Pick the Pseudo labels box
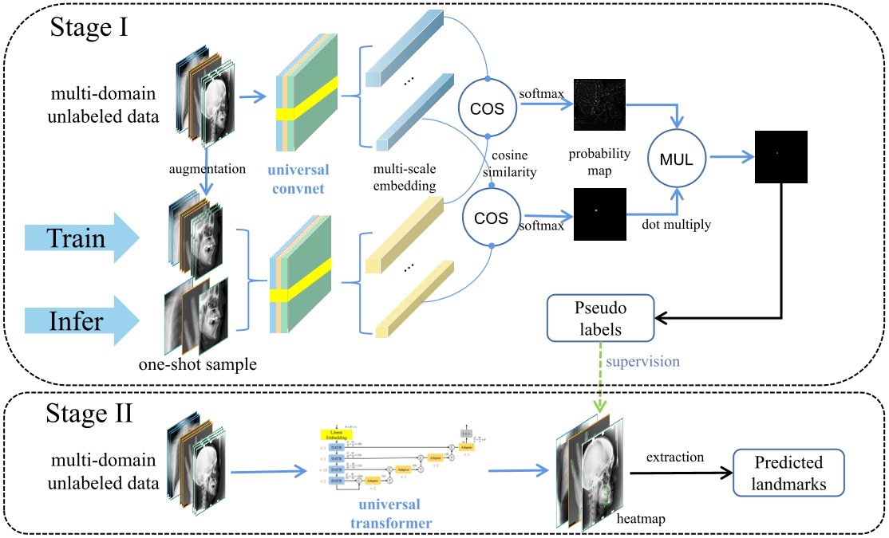pos(599,315)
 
